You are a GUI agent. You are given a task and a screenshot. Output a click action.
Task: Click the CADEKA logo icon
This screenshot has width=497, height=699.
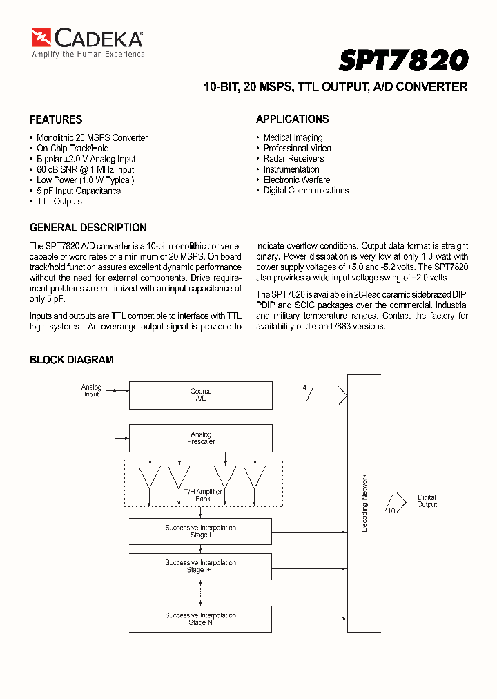pos(41,37)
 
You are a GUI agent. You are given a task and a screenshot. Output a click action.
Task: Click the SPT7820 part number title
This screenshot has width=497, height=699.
pos(403,61)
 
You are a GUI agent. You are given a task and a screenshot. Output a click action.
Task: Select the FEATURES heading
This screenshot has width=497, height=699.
pos(56,119)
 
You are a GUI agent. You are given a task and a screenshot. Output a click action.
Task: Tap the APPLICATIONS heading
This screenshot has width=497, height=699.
pos(293,119)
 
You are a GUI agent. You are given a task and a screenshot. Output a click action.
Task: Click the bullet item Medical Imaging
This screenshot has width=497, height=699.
pos(293,137)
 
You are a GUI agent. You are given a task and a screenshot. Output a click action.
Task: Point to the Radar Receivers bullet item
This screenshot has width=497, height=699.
pos(293,158)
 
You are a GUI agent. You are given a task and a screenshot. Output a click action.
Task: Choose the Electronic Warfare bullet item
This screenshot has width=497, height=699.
pos(297,180)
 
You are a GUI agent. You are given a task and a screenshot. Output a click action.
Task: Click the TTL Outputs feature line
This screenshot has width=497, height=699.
pos(59,202)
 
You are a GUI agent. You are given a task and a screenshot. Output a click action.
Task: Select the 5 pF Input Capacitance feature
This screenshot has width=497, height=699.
pos(78,191)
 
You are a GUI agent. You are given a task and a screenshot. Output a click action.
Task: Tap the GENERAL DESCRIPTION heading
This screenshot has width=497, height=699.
pos(88,227)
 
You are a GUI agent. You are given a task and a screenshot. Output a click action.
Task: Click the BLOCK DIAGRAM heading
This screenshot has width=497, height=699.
pos(71,360)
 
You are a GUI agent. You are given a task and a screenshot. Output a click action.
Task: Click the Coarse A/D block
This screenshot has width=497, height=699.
pos(201,395)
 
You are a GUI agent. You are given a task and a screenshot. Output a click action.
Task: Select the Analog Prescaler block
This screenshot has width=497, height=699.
pos(201,438)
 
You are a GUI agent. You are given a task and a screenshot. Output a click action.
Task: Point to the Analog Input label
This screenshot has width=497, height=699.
pos(91,391)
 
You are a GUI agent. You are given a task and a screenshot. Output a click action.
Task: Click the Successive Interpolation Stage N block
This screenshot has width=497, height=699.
pos(201,619)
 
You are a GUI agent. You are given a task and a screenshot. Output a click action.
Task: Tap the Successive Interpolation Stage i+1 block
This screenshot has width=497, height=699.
pos(201,566)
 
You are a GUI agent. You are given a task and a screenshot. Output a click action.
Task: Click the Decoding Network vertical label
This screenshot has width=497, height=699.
pos(364,502)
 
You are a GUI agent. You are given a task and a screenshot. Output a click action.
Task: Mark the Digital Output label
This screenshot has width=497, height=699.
pos(427,501)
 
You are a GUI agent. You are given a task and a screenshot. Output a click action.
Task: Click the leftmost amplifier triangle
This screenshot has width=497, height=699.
pos(149,476)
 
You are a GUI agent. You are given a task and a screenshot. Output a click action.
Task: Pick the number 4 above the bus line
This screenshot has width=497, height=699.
pos(304,387)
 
